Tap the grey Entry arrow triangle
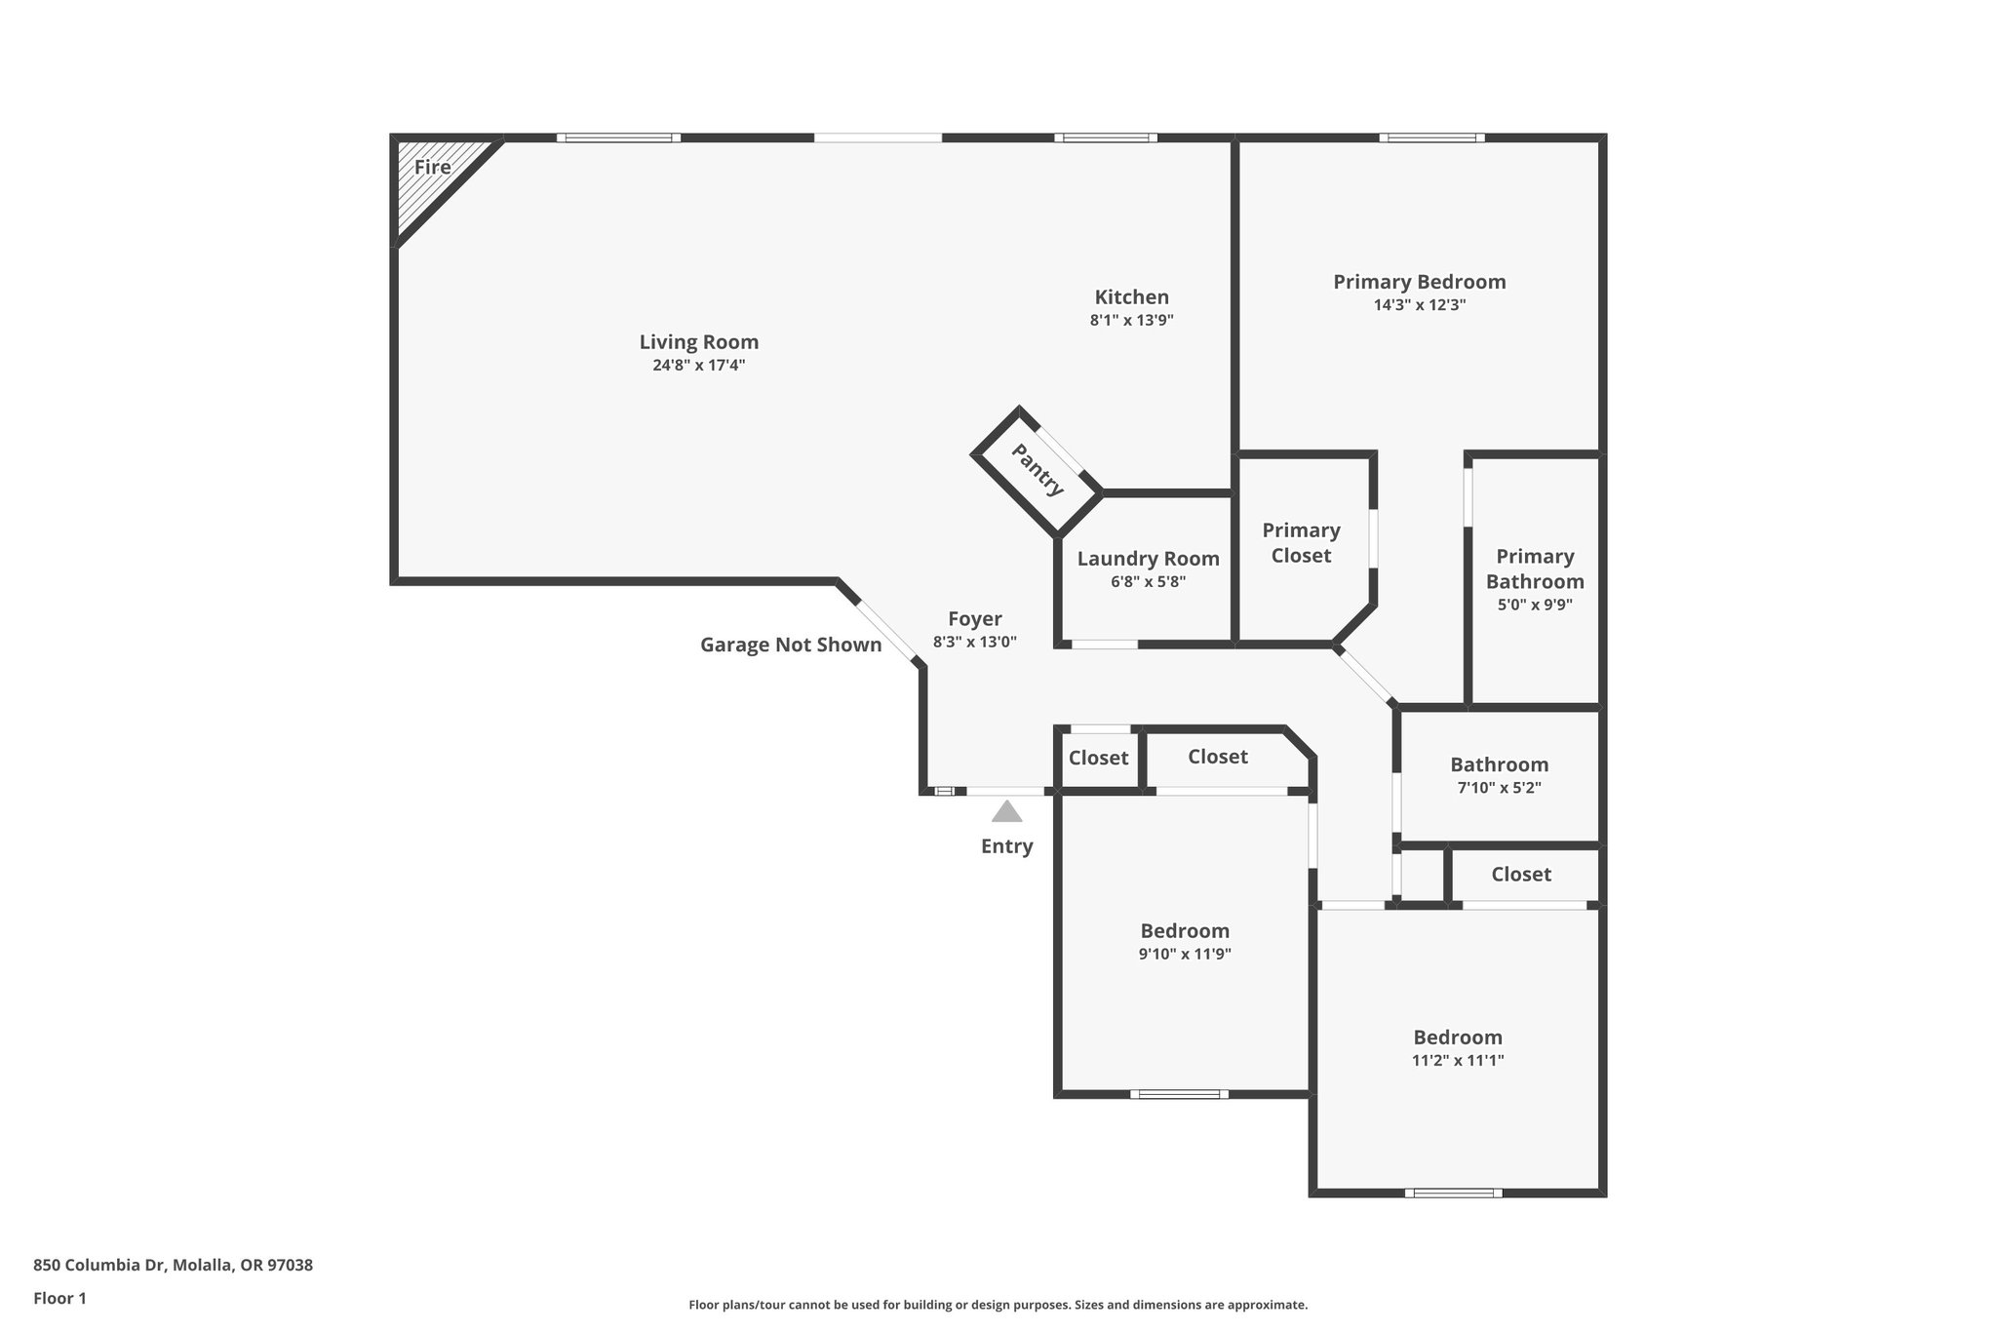coord(1006,811)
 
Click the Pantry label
coord(1038,469)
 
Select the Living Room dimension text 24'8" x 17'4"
coord(698,366)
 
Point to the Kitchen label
coord(1131,297)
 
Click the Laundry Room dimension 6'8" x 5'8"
coord(1148,582)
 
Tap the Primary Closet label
coord(1301,543)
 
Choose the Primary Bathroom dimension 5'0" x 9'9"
coord(1535,605)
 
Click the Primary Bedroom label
coord(1419,282)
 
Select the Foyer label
coord(975,619)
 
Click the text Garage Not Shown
coord(791,645)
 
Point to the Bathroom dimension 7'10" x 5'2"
coord(1499,788)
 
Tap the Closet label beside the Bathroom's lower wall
coord(1520,875)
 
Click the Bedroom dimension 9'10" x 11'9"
coord(1185,955)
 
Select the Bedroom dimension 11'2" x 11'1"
coord(1458,1061)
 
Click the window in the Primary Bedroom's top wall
coord(1431,137)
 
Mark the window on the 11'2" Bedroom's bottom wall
coord(1453,1193)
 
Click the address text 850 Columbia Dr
coord(99,1265)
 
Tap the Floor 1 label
coord(59,1298)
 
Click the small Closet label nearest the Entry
coord(1098,759)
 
